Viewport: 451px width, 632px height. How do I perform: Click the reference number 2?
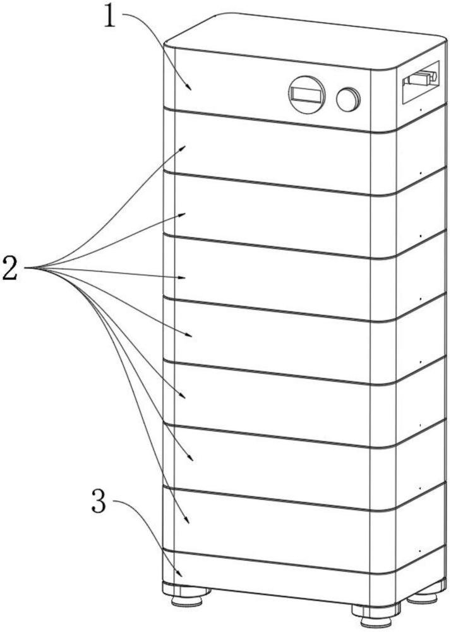click(11, 267)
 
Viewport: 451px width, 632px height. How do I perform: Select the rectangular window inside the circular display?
click(306, 95)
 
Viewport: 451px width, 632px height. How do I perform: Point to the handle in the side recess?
click(420, 76)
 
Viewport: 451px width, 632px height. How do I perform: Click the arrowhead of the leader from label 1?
click(188, 86)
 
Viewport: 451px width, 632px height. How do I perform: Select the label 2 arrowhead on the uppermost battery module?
click(183, 149)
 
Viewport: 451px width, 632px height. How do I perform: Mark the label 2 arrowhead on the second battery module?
click(182, 215)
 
